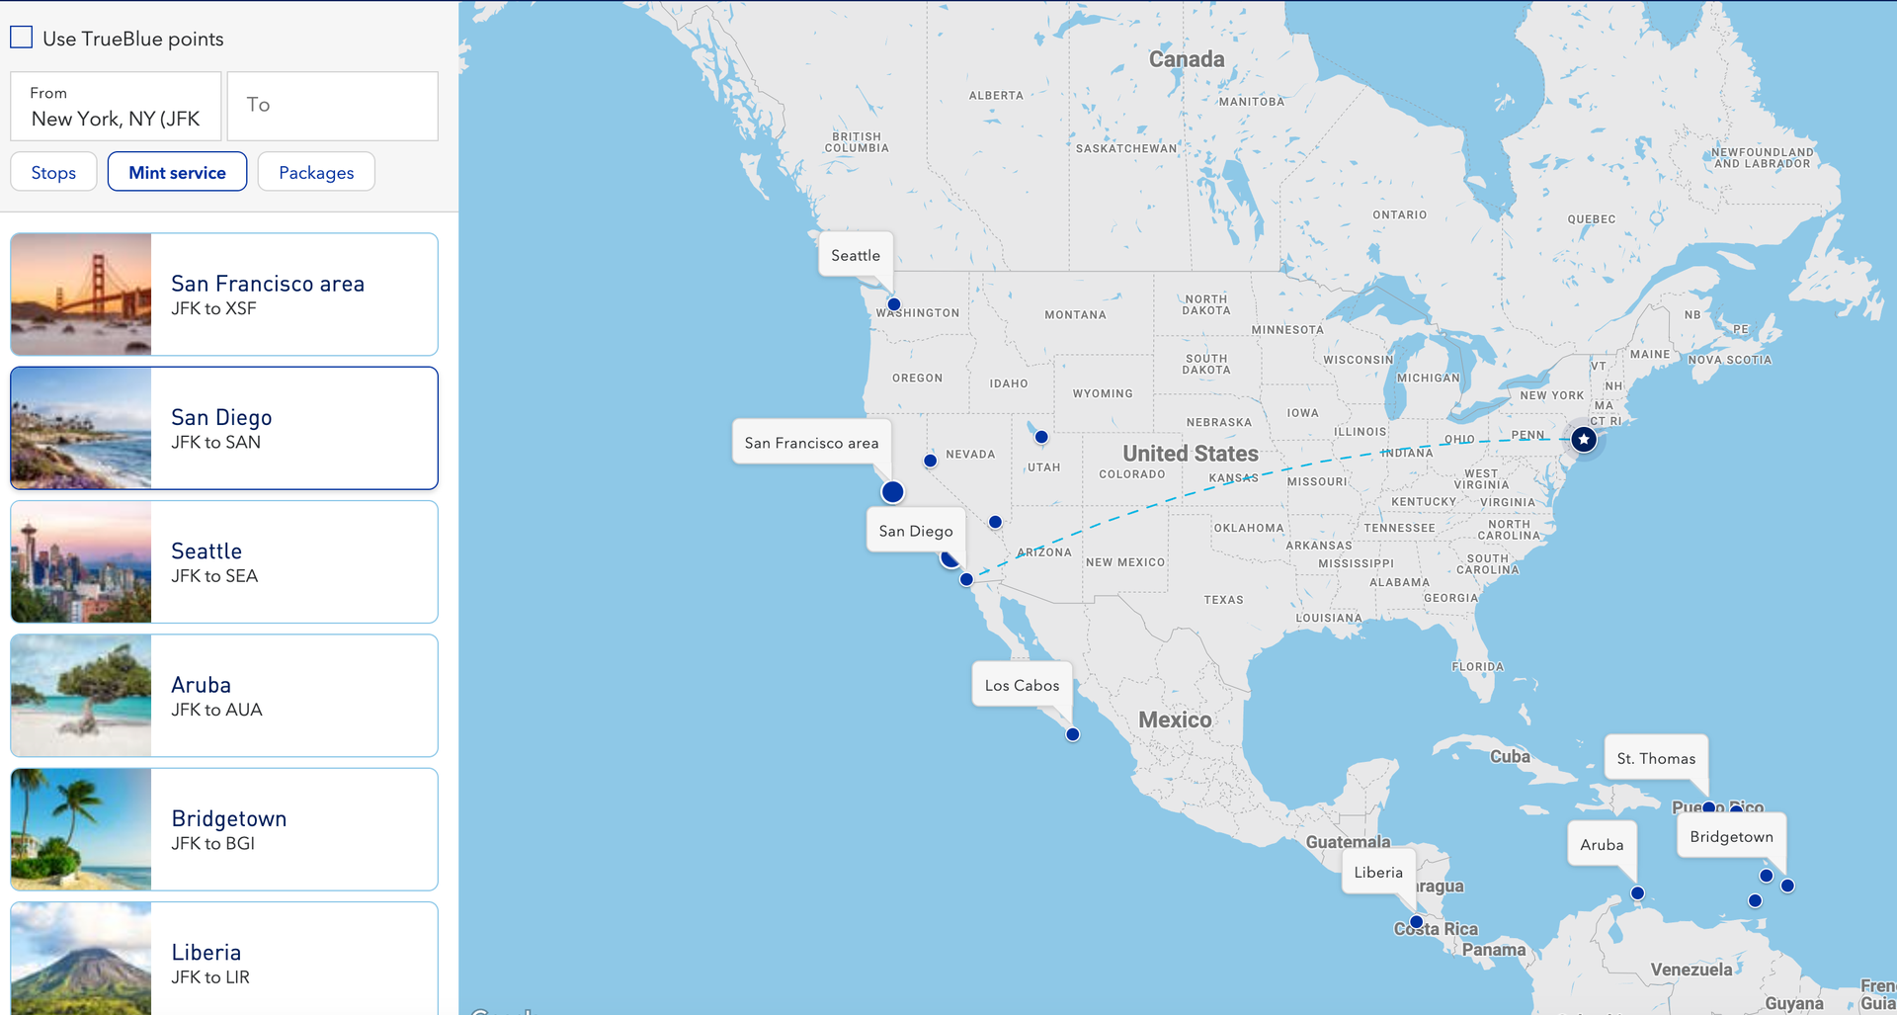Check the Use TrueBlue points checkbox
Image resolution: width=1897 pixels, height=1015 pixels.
coord(22,38)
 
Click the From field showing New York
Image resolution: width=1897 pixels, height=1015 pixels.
coord(116,107)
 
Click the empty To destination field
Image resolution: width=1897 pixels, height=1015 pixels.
coord(332,106)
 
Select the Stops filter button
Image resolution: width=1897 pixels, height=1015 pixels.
coord(53,172)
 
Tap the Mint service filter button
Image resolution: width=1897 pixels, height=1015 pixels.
coord(177,172)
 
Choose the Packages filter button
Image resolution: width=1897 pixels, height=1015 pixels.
coord(316,172)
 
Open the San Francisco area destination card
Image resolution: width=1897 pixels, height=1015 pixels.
coord(293,295)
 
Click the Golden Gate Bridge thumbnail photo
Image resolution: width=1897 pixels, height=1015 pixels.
coord(81,295)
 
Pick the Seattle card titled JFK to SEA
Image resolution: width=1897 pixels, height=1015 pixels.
coord(293,562)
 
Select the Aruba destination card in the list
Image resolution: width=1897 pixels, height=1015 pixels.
coord(293,696)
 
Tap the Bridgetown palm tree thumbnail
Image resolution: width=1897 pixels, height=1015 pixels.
coord(81,829)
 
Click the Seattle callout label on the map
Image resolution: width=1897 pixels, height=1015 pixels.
coord(856,255)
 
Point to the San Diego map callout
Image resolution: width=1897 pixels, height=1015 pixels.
coord(916,531)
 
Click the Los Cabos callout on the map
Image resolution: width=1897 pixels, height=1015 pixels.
coord(1022,685)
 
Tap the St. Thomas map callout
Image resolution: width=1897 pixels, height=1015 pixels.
coord(1656,758)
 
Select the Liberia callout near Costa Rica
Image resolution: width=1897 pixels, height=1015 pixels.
coord(1378,872)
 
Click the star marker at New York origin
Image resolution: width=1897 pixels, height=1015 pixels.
coord(1584,439)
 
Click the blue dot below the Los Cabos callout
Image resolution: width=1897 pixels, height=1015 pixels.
coord(1072,734)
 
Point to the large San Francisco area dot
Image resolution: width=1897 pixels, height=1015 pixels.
coord(892,491)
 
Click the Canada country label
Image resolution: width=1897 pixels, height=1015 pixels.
coord(1187,59)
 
